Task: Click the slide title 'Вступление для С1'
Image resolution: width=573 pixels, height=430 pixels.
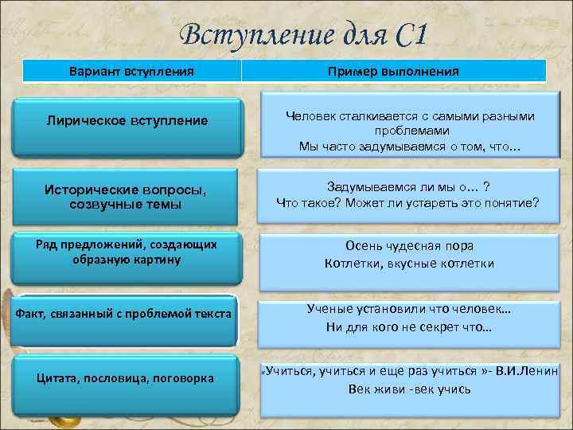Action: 304,35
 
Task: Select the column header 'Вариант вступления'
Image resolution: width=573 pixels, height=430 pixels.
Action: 130,71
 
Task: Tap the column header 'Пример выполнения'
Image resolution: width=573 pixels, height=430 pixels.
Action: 393,71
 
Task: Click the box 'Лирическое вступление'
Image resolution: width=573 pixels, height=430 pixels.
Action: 128,121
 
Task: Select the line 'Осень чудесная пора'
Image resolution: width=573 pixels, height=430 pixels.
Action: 409,246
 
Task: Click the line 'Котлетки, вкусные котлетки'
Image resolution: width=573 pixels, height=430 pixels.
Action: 409,264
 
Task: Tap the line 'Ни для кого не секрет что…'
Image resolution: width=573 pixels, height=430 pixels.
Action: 409,327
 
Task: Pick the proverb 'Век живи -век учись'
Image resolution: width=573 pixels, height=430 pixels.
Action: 409,389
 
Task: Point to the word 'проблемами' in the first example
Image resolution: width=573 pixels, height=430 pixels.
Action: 409,131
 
